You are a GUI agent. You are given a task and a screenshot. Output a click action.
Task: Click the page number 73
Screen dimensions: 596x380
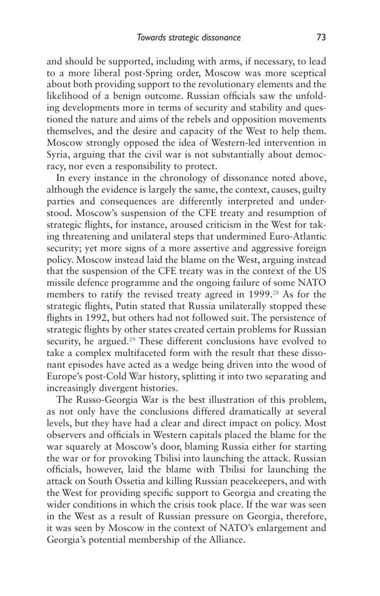321,37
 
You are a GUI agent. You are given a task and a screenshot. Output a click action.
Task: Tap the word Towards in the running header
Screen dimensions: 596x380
151,37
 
